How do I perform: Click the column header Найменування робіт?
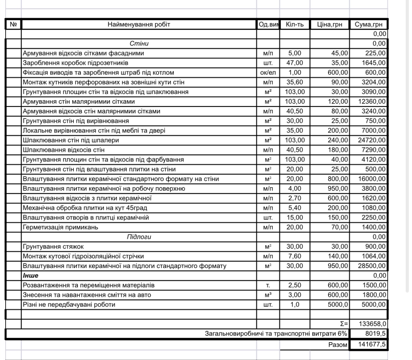139,25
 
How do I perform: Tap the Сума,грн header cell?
368,25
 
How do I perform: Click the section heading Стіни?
139,44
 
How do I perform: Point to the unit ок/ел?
268,73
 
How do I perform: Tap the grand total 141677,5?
373,345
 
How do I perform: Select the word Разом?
337,345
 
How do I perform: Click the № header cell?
14,25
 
